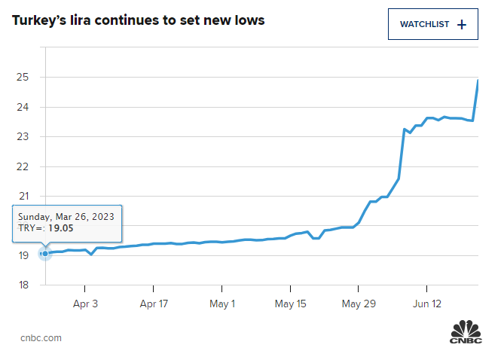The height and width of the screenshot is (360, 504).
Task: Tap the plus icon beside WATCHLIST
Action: (x=462, y=25)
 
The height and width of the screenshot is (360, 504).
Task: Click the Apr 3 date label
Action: (x=85, y=304)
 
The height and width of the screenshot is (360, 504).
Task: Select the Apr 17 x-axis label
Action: (x=154, y=304)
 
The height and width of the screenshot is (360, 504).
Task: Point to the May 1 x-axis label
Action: (x=222, y=304)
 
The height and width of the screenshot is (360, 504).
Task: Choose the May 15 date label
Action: (x=291, y=304)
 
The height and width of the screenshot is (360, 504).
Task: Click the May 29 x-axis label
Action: (x=359, y=304)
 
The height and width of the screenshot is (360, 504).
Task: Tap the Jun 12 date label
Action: (x=427, y=304)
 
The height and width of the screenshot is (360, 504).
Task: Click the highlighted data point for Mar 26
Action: (x=45, y=253)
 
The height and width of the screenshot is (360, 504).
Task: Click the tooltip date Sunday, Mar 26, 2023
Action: (x=66, y=216)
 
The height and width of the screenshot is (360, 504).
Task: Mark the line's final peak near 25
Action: (x=478, y=81)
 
